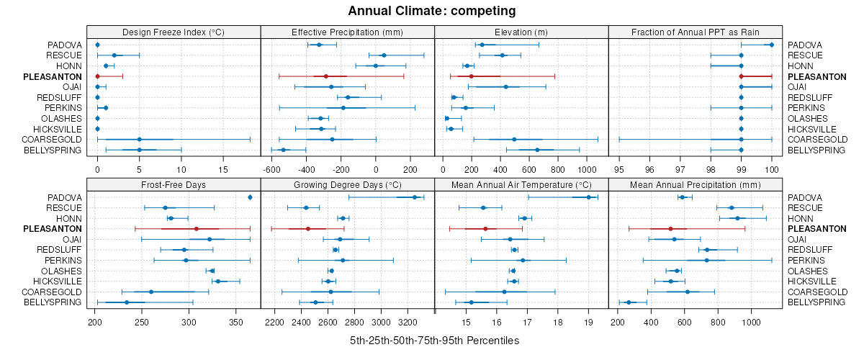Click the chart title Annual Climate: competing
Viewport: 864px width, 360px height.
431,11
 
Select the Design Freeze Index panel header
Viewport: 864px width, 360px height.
173,32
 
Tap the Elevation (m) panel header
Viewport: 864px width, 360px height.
521,32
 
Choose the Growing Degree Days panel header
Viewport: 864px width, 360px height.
347,184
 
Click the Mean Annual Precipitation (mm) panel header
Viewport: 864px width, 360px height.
696,184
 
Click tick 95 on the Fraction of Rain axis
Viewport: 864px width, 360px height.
619,170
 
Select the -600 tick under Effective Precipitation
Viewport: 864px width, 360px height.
271,170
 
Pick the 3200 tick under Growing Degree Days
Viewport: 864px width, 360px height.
408,323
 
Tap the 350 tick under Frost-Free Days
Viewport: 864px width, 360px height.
236,323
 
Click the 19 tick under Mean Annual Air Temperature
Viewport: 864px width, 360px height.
588,323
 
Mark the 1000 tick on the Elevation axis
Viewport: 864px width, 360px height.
588,170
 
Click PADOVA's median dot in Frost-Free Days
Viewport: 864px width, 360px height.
250,197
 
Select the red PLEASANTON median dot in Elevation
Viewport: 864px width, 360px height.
471,76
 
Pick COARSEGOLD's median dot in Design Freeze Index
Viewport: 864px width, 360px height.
139,139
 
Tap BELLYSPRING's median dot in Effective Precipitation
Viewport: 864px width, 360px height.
283,150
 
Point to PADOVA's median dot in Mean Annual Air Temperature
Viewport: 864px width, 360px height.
588,197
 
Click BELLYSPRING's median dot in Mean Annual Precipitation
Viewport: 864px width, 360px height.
629,302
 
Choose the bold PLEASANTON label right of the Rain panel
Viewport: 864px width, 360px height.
816,76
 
